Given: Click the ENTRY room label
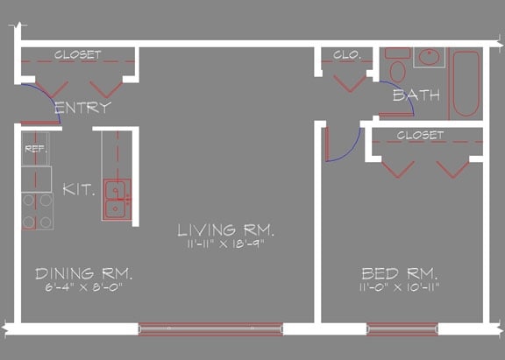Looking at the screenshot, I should (82, 108).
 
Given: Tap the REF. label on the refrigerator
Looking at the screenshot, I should (35, 149).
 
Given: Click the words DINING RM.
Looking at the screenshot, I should (83, 272).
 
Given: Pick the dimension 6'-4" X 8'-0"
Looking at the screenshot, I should (83, 287).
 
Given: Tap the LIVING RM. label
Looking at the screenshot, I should (226, 230).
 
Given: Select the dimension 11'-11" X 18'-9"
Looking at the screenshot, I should (226, 245).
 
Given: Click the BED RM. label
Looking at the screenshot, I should (399, 272).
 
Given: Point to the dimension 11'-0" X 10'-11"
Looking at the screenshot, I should (399, 287).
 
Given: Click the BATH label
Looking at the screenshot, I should (416, 95).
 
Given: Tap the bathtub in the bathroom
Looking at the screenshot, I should (466, 85).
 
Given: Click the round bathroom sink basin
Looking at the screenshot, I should (430, 58).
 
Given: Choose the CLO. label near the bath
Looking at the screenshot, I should (347, 54).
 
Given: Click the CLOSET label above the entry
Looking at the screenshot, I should (77, 54).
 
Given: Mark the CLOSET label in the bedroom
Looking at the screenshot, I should (420, 135).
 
